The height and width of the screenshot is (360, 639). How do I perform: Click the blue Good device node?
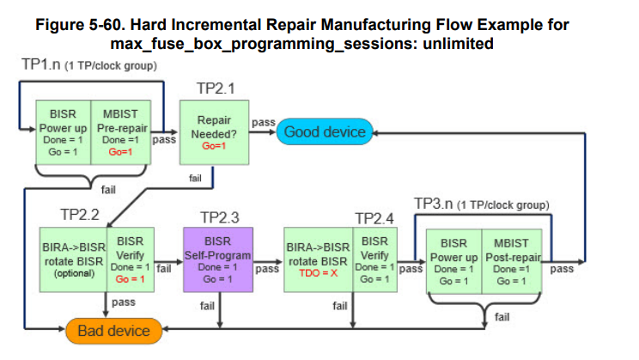click(x=325, y=131)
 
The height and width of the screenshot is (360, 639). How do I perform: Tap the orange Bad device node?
click(x=113, y=331)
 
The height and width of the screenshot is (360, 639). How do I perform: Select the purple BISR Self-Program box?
click(x=218, y=259)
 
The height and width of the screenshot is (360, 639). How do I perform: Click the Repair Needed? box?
click(x=215, y=132)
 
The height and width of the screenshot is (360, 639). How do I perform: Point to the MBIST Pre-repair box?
click(x=121, y=132)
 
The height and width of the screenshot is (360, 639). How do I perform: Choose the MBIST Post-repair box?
click(x=512, y=261)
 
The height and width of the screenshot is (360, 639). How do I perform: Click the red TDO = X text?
click(x=319, y=273)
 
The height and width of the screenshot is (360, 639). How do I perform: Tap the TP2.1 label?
click(x=216, y=88)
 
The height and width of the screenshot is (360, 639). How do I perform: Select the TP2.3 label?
click(x=220, y=217)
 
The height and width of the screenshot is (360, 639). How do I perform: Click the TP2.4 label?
click(x=374, y=218)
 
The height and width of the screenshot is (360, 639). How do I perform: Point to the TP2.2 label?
click(x=80, y=215)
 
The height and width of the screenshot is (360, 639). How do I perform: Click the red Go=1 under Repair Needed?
click(x=214, y=146)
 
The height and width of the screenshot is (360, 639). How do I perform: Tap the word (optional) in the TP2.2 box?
click(x=74, y=273)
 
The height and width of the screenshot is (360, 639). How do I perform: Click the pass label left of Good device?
click(x=264, y=122)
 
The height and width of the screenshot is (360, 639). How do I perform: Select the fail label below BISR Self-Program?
click(x=207, y=306)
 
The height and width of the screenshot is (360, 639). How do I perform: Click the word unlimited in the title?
click(x=458, y=43)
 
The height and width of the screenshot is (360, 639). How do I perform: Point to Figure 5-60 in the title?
click(x=80, y=24)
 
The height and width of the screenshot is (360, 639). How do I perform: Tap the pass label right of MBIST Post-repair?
click(x=562, y=269)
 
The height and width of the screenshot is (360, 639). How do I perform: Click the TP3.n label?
click(x=433, y=204)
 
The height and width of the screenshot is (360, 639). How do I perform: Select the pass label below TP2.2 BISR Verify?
click(x=124, y=302)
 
